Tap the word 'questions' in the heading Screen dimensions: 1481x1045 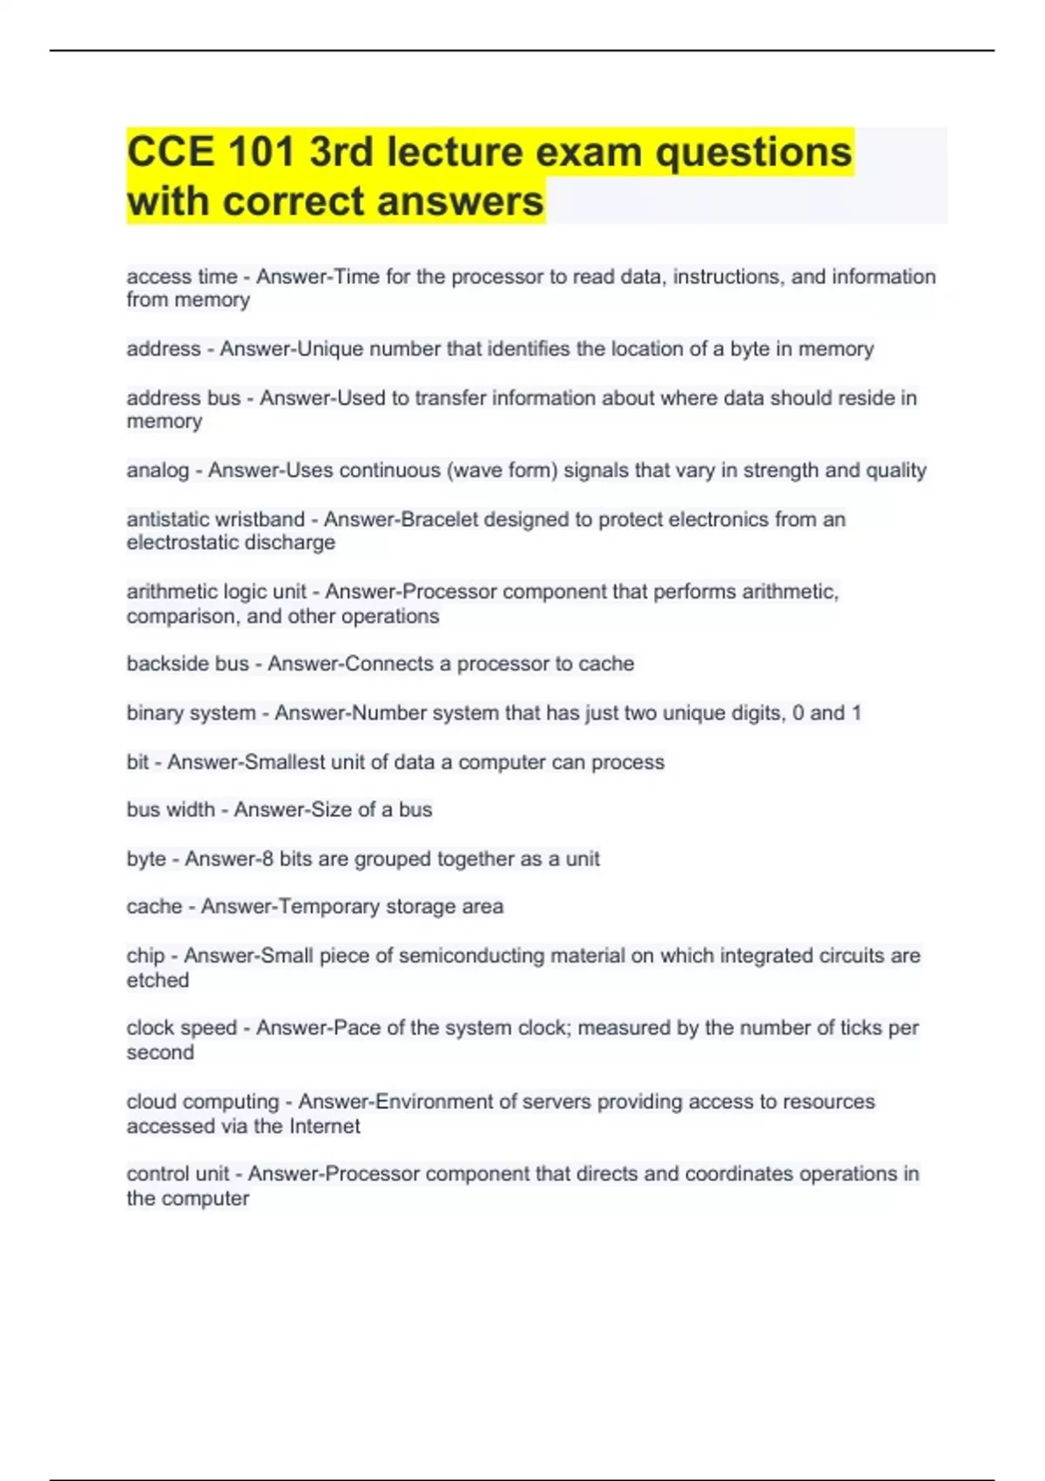[x=753, y=152]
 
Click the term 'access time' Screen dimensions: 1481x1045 [x=182, y=277]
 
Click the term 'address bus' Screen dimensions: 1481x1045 [x=184, y=398]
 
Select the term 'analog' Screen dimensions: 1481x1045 [x=158, y=470]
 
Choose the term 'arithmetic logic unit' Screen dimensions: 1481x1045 [x=216, y=592]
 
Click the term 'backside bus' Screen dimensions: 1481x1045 [x=188, y=664]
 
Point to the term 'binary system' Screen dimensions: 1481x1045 [x=191, y=713]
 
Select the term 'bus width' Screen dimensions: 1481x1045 [x=171, y=809]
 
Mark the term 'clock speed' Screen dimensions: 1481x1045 [x=182, y=1028]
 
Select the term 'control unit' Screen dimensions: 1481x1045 [x=178, y=1174]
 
